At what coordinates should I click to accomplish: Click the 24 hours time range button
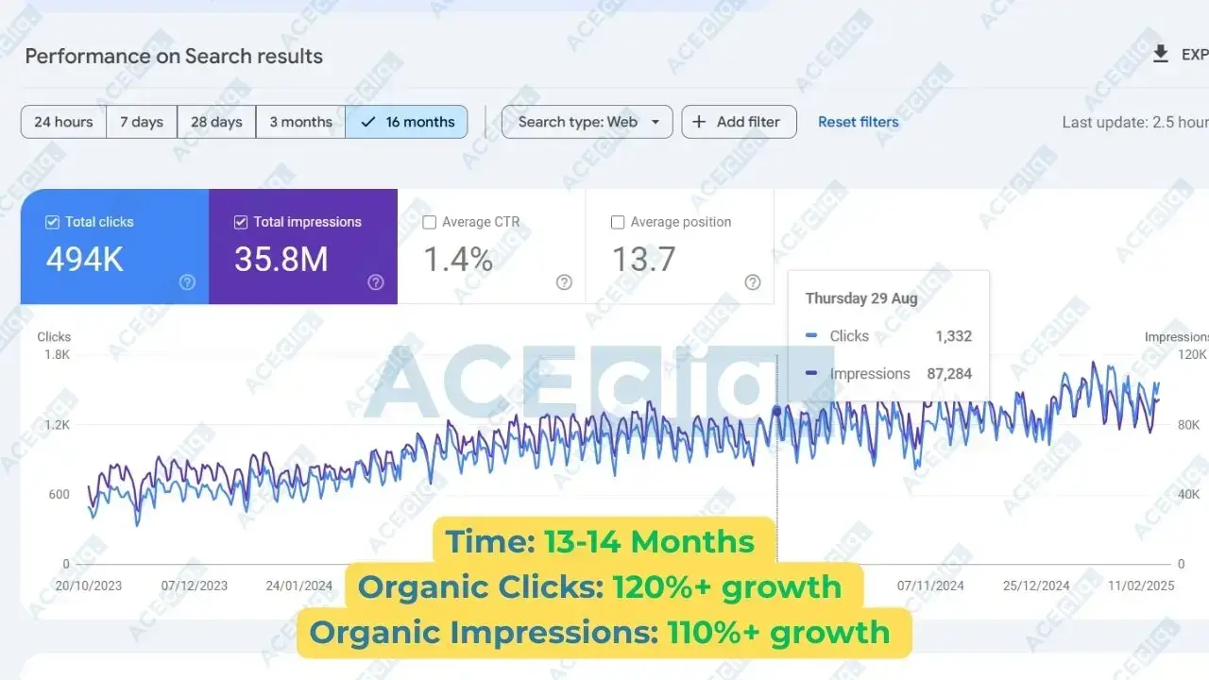(x=63, y=122)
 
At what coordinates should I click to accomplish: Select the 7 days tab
(x=142, y=122)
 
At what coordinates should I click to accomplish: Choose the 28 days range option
(x=216, y=122)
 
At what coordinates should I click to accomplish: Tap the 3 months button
(x=300, y=122)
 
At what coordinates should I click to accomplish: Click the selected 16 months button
(x=406, y=122)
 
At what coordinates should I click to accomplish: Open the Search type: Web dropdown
(x=587, y=122)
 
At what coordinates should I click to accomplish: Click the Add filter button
(x=739, y=122)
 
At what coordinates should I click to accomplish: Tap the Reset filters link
(x=859, y=122)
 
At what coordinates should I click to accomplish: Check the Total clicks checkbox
(x=52, y=222)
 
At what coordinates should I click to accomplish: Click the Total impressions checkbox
(x=241, y=222)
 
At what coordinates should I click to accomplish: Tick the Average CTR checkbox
(x=429, y=222)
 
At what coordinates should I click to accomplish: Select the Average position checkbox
(x=618, y=222)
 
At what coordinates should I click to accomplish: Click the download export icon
(x=1161, y=54)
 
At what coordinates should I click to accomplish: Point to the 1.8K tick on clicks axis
(x=58, y=354)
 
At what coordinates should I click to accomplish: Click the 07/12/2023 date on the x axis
(x=195, y=586)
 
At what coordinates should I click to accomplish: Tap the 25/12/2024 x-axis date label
(x=1036, y=586)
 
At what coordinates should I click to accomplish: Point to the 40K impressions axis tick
(x=1188, y=494)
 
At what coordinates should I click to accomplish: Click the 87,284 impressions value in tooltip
(x=949, y=373)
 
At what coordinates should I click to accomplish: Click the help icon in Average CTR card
(x=564, y=282)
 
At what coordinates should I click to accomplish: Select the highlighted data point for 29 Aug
(x=776, y=411)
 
